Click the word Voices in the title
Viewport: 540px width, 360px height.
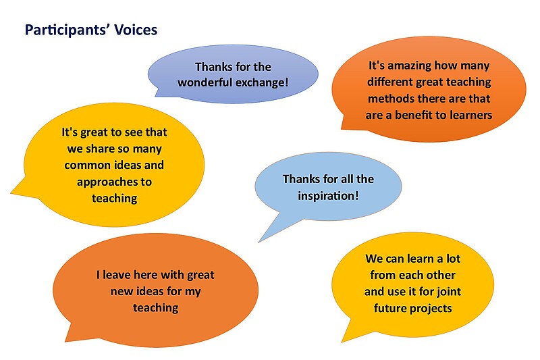tap(136, 30)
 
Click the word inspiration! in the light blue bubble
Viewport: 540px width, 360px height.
tap(328, 196)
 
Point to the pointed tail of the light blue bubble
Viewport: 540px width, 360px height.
tap(259, 242)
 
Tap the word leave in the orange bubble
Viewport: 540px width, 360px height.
tap(116, 275)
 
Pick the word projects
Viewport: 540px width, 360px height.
tap(431, 309)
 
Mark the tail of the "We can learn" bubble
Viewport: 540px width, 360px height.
tap(342, 342)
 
